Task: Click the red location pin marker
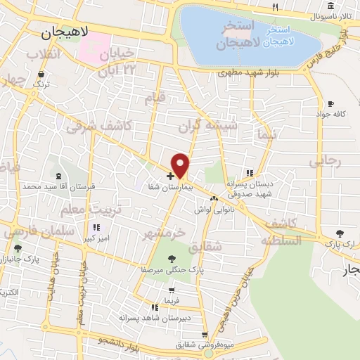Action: click(181, 165)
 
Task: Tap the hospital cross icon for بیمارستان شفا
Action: click(170, 175)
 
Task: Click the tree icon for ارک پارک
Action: click(340, 232)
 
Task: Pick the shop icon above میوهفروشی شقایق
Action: click(205, 335)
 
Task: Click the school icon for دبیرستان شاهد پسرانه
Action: click(154, 307)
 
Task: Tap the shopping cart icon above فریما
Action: click(172, 290)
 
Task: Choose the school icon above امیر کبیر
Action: click(96, 228)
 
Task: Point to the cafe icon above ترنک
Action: click(41, 74)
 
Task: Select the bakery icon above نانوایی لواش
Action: click(214, 199)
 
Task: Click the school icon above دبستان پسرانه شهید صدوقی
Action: click(249, 173)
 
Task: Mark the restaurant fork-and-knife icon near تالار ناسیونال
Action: click(275, 8)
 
